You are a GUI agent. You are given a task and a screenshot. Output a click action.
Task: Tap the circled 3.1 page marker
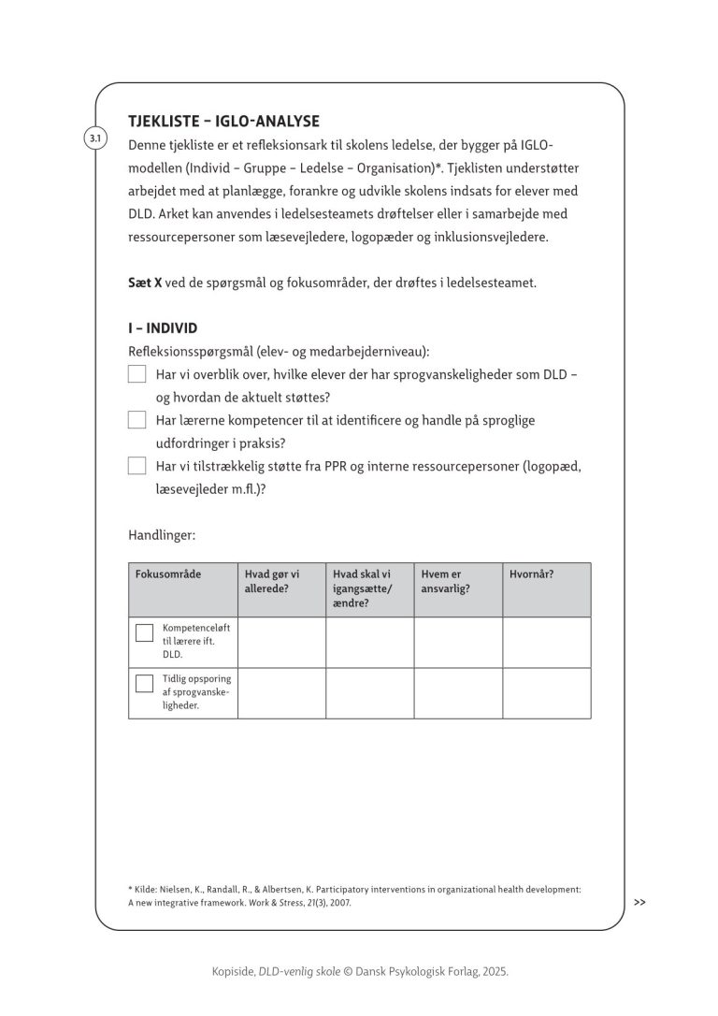coord(94,139)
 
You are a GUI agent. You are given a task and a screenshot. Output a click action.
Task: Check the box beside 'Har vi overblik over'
coord(137,374)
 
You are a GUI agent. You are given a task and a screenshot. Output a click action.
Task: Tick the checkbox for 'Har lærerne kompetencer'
coord(137,420)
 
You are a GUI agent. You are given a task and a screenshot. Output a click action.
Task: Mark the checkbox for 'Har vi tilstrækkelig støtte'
coord(137,465)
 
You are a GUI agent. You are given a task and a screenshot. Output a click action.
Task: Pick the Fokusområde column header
coord(169,574)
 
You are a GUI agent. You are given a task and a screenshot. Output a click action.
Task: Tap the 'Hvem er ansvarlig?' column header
coord(446,581)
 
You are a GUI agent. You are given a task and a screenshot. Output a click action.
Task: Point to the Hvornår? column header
coord(531,574)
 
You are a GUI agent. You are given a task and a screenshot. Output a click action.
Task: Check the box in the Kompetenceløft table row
coord(144,632)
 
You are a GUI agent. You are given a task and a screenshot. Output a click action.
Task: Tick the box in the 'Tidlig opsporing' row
coord(144,683)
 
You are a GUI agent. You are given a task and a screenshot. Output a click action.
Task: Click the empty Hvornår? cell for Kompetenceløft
coord(547,643)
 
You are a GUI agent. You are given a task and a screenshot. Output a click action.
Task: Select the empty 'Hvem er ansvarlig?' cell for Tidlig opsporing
coord(458,693)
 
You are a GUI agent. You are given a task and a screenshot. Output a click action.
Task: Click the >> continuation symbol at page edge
coord(639,903)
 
